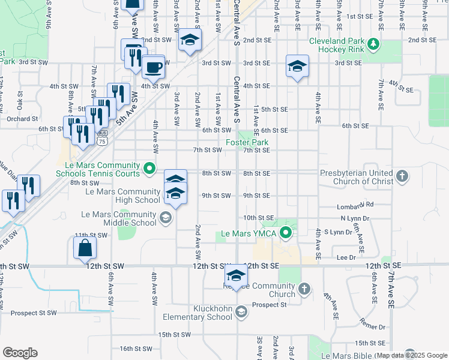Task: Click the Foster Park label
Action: coord(247,142)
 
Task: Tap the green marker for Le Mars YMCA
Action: coord(286,233)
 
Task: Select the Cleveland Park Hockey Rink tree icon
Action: coord(373,44)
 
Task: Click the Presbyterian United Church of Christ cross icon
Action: coord(402,176)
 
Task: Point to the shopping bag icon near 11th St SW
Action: coord(85,247)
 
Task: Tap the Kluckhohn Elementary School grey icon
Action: coord(241,311)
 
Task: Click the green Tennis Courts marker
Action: coord(150,169)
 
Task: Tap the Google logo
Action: coord(20,353)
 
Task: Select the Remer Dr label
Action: coord(373,327)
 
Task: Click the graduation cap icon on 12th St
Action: coord(236,277)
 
